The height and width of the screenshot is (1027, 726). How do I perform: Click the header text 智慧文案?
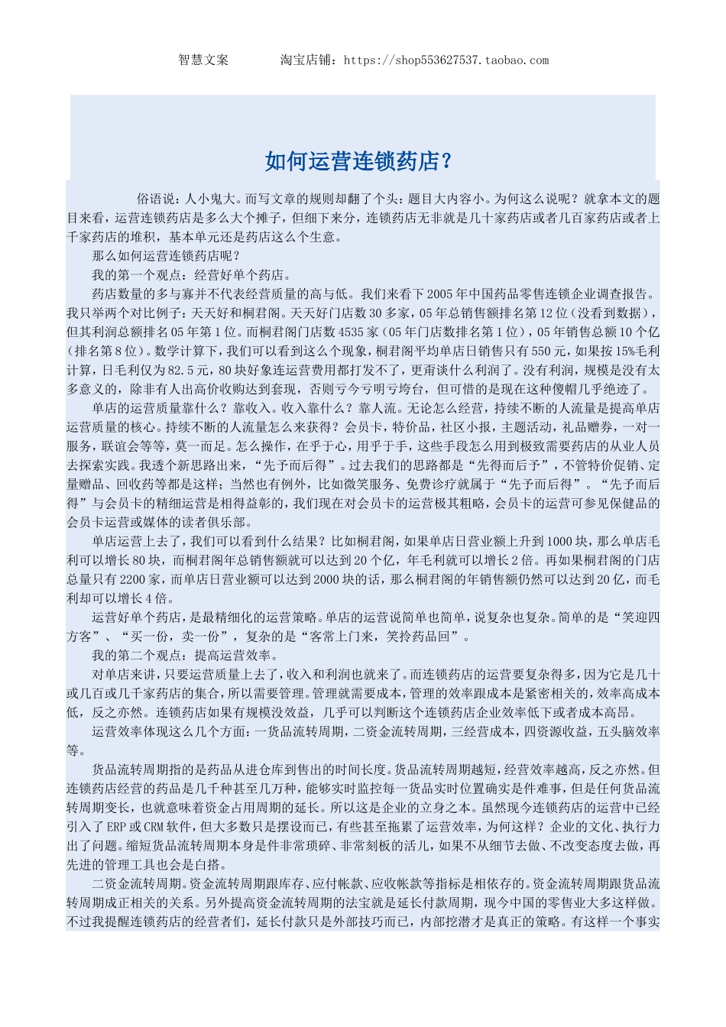pyautogui.click(x=203, y=60)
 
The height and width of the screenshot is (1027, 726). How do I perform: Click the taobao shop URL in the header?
pyautogui.click(x=446, y=60)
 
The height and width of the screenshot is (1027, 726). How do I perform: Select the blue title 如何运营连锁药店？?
pyautogui.click(x=359, y=161)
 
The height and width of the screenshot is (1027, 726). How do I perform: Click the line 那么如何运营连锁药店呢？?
pyautogui.click(x=166, y=256)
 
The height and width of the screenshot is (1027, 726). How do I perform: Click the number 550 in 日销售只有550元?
pyautogui.click(x=542, y=352)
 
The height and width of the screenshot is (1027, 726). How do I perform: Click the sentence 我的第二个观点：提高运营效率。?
pyautogui.click(x=185, y=655)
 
